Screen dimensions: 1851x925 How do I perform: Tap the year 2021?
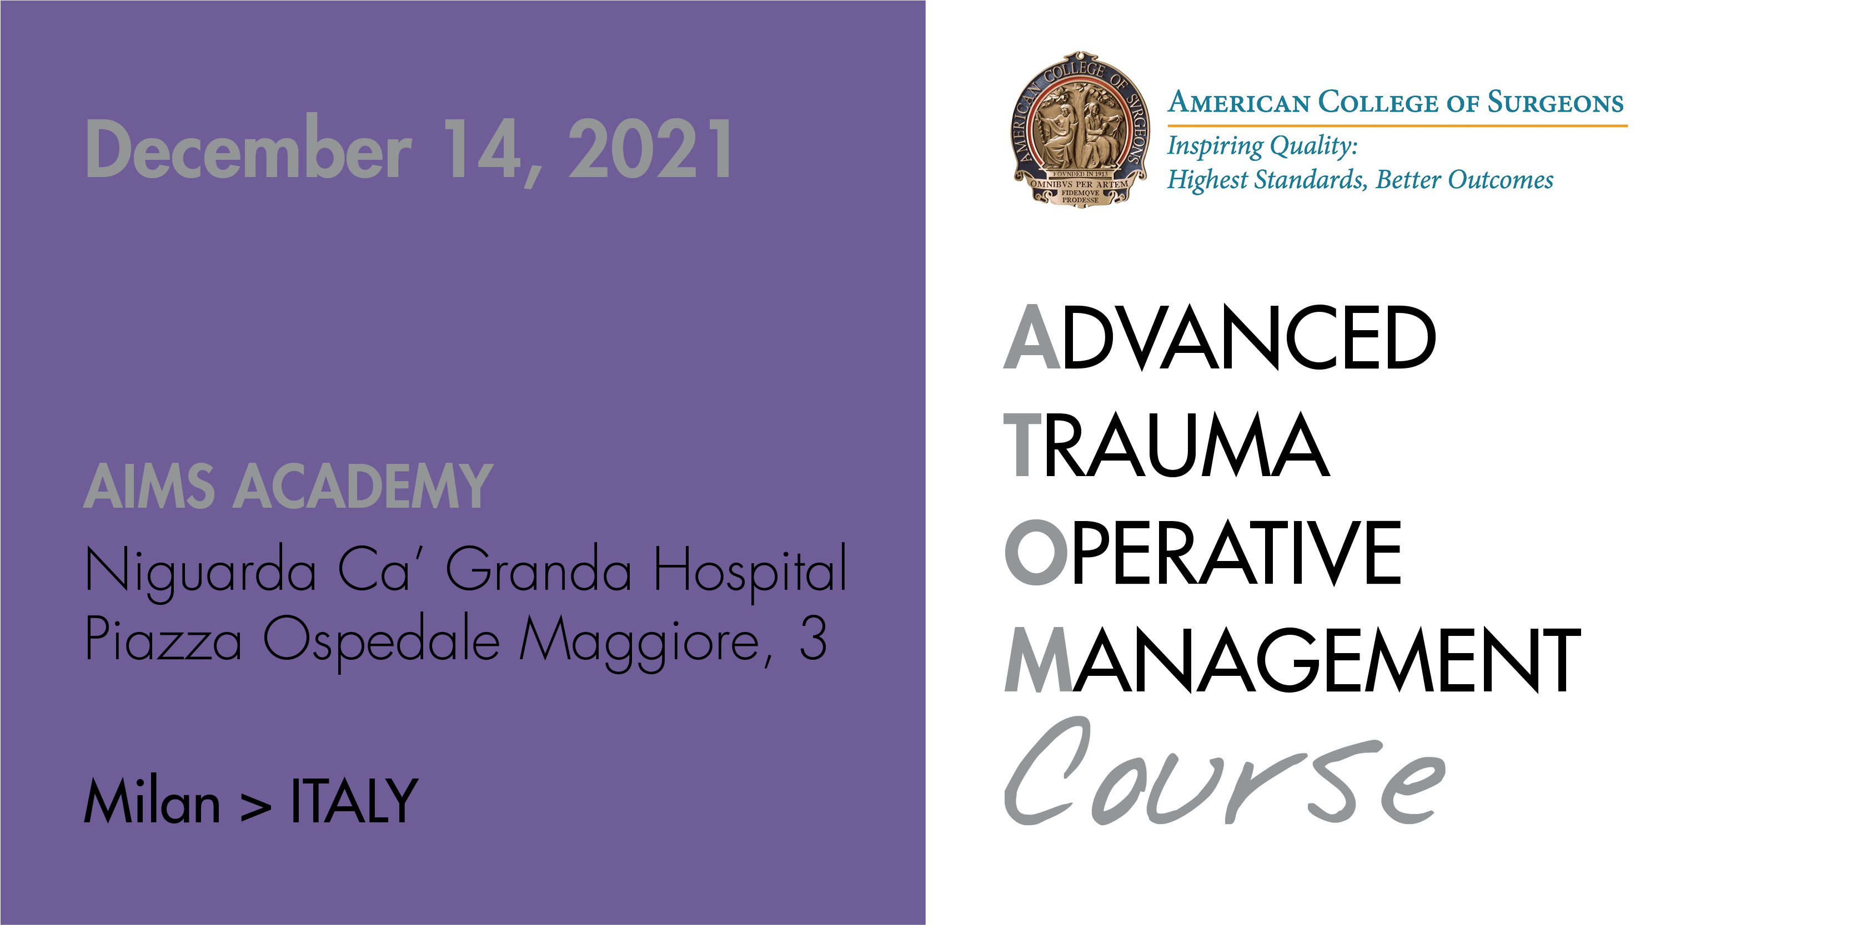click(x=650, y=149)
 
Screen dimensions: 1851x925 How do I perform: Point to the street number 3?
click(x=812, y=638)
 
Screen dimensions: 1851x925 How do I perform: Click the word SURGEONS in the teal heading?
click(x=1555, y=103)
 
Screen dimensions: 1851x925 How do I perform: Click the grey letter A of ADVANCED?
click(x=1032, y=337)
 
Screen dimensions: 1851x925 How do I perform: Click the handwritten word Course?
click(x=1225, y=772)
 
